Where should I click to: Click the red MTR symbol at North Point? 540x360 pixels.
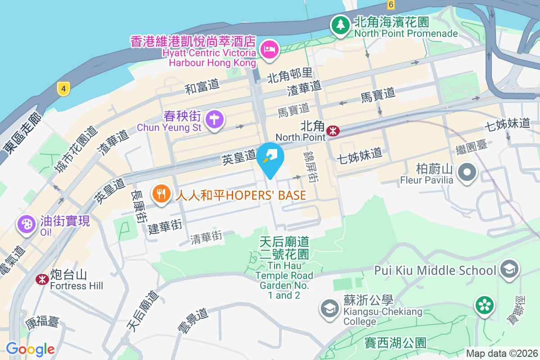coord(333,130)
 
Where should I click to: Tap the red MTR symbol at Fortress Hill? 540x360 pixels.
coord(42,279)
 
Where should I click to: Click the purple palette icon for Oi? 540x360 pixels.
coord(27,224)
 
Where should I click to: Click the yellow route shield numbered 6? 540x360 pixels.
coord(391,4)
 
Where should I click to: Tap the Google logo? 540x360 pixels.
coord(30,349)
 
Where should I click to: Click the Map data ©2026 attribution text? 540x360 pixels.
coord(502,353)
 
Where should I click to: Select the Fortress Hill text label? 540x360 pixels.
coord(76,286)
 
